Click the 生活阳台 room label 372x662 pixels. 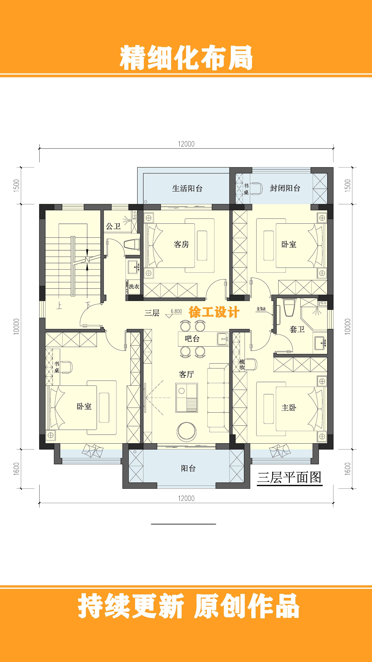click(x=187, y=188)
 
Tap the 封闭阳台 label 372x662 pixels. click(x=285, y=188)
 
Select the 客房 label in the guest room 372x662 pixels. click(x=181, y=244)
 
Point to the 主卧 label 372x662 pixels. click(x=289, y=408)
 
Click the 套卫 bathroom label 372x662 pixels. click(x=297, y=329)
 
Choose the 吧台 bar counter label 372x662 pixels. click(x=192, y=339)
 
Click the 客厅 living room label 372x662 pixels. click(x=186, y=374)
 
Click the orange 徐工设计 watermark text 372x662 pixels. click(x=214, y=312)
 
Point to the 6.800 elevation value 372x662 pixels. click(x=176, y=311)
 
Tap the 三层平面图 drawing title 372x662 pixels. click(x=289, y=477)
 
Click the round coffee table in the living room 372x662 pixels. click(x=187, y=431)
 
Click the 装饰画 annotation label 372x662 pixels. click(x=261, y=309)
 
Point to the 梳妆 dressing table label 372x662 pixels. click(x=242, y=365)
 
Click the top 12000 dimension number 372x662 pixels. click(x=186, y=144)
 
